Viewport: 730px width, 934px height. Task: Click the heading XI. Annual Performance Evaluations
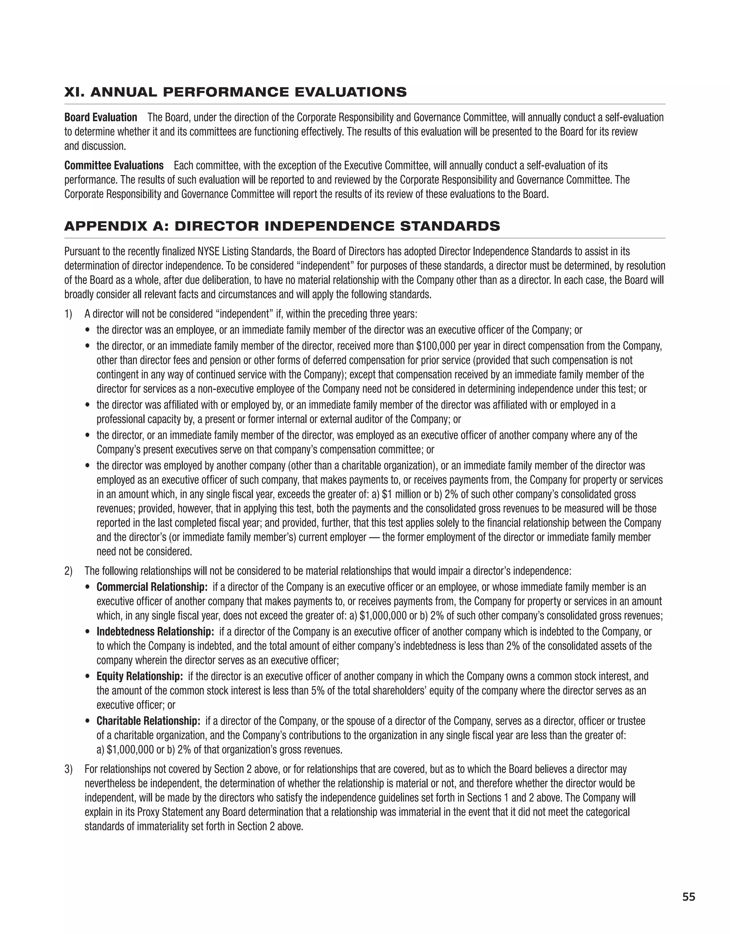235,92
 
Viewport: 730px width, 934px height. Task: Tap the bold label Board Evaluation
101,117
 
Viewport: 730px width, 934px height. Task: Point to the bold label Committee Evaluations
114,165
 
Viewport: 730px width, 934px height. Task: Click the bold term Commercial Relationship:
152,587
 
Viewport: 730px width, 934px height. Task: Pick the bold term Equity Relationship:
139,676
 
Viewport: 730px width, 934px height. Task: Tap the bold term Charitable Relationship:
148,721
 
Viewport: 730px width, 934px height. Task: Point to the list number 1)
68,314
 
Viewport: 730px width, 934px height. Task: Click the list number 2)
68,571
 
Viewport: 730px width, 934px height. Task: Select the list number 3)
68,769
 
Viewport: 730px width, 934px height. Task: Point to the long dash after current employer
374,537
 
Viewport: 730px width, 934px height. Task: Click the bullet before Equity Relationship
88,677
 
